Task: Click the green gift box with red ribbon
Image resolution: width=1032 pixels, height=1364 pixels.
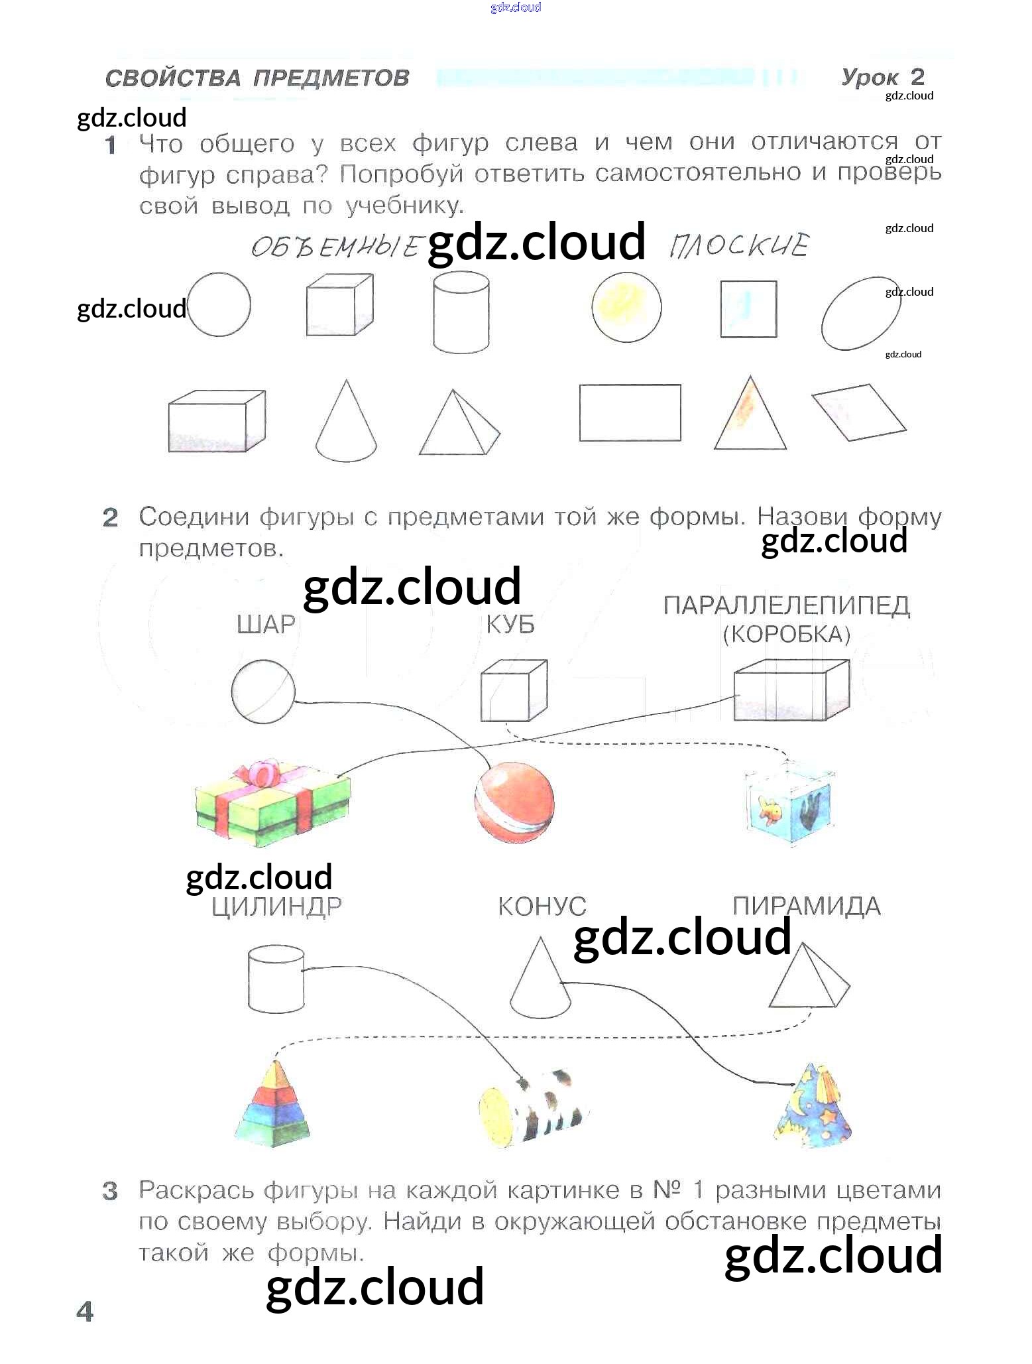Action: coord(272,806)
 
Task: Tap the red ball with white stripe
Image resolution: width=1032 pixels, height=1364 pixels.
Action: coord(514,803)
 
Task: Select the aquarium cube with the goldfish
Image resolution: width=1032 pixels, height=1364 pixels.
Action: coord(788,806)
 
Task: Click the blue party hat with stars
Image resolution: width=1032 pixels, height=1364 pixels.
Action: coord(813,1105)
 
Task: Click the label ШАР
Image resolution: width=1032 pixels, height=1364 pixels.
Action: coord(266,624)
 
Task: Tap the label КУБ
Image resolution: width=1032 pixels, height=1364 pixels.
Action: coord(510,625)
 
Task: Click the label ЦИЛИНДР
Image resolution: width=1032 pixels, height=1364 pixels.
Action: coord(276,906)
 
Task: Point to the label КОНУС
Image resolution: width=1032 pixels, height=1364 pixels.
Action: coord(542,906)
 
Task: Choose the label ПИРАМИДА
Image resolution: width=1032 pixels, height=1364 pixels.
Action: coord(807,906)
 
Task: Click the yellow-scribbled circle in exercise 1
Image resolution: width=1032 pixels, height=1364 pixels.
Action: coord(626,308)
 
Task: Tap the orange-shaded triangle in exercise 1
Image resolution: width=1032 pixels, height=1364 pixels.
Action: coord(750,416)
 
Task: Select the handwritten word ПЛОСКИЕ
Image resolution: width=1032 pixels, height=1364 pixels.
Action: coord(739,246)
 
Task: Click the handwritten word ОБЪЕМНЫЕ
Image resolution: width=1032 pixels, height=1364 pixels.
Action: coord(335,247)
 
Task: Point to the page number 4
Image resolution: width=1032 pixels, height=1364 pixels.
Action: coord(85,1311)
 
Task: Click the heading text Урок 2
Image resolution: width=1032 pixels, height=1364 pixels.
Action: coord(882,77)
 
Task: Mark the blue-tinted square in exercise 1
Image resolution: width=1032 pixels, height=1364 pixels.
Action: coord(748,309)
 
